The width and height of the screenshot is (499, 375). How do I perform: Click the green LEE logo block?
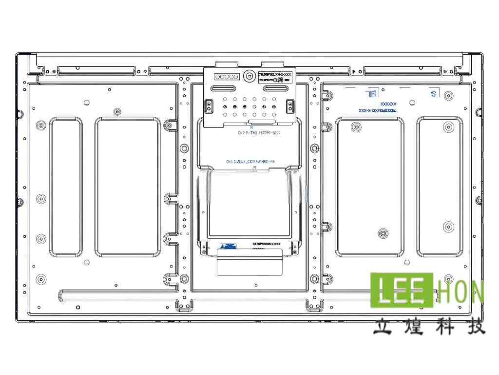click(x=403, y=291)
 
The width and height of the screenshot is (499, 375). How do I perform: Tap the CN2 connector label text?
click(x=259, y=132)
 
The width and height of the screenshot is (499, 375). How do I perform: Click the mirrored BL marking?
click(x=371, y=93)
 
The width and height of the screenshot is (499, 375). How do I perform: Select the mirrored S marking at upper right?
click(x=433, y=93)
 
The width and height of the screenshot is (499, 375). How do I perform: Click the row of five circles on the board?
click(x=227, y=77)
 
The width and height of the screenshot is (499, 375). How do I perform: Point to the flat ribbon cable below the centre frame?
click(x=249, y=261)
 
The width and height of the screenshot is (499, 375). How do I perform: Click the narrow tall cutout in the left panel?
click(x=65, y=187)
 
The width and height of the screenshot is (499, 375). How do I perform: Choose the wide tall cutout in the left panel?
click(x=128, y=187)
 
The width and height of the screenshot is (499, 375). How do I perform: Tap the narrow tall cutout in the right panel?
click(x=439, y=187)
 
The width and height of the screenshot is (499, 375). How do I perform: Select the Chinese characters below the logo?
click(x=429, y=326)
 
